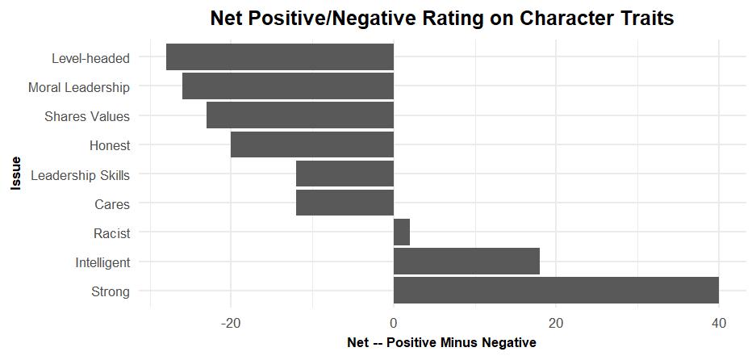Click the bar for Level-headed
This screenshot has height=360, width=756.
279,57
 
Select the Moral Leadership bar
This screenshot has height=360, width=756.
287,86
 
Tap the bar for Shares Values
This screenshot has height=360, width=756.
299,115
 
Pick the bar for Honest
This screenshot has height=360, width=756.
311,144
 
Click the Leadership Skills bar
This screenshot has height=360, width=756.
345,174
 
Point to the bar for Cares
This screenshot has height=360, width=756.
345,203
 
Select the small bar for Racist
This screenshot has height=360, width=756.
402,232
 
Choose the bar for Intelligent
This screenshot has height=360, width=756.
466,262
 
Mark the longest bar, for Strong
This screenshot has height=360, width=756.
556,291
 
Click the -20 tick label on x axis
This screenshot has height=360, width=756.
231,323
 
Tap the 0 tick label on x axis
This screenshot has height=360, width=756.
394,323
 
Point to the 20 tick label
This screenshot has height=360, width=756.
556,323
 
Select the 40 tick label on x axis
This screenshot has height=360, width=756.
718,323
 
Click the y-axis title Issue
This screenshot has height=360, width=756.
15,174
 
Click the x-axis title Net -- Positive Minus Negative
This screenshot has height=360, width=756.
441,343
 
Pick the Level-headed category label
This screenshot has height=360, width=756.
90,58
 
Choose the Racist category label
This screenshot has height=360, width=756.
111,233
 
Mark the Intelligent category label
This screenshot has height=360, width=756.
102,262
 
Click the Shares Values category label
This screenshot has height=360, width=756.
87,116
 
